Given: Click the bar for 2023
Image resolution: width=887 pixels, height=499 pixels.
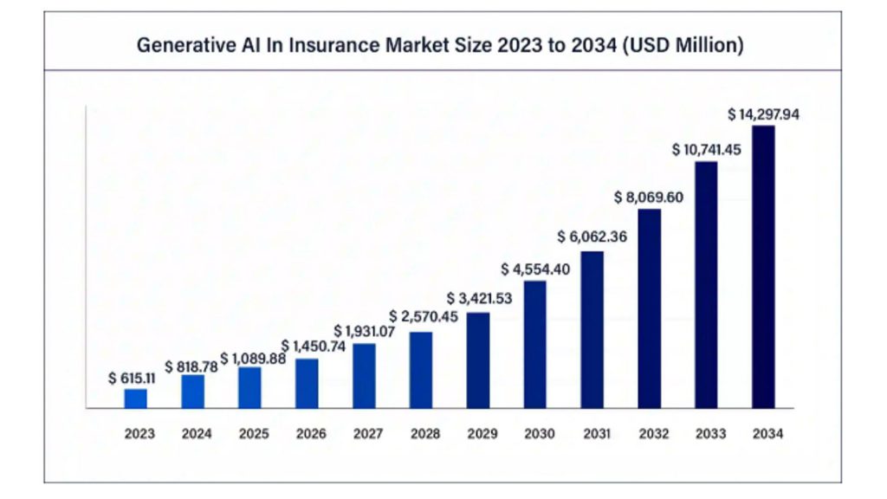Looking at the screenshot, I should pos(135,399).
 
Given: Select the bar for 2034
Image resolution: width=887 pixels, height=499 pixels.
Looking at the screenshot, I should pos(763,267).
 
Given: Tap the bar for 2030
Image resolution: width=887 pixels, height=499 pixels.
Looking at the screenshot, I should pos(535,344).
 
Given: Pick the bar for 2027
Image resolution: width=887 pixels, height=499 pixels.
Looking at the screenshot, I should pos(364,375).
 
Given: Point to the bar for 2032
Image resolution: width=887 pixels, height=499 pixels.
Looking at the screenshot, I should pos(649,308).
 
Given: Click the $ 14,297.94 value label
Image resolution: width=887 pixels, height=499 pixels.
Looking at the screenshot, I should pos(763,113).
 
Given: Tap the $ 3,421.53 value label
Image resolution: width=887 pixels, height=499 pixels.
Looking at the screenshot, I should pos(478,300).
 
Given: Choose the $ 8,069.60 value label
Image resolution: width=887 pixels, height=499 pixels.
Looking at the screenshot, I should pos(649,197).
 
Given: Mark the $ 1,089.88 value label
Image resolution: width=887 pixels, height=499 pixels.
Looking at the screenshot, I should pos(254,357).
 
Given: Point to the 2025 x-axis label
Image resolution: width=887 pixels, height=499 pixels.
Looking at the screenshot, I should pos(254,433).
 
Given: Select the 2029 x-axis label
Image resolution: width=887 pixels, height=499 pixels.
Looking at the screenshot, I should pos(478,433).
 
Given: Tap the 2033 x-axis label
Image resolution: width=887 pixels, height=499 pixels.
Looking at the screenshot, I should pos(706,433).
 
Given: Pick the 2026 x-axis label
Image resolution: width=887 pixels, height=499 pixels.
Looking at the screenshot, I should pos(311,433).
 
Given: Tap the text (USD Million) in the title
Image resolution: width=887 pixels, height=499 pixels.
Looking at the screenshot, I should pos(682,45).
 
